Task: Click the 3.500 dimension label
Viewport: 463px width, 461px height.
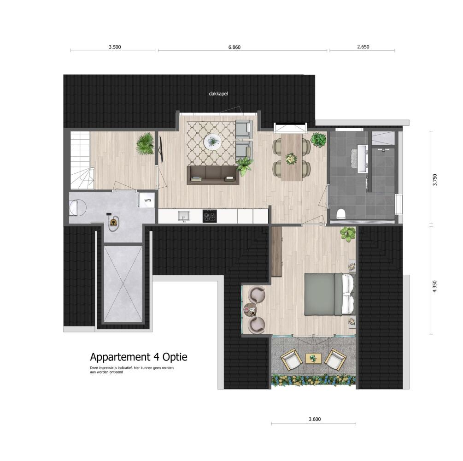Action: [x=115, y=47]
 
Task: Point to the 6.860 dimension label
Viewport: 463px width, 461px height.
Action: [x=234, y=47]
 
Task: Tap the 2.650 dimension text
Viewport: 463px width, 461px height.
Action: [x=363, y=47]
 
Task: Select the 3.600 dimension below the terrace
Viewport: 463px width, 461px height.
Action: [x=315, y=419]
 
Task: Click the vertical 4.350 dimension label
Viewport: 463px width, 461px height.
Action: [x=434, y=286]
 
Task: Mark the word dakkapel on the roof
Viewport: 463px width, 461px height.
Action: [x=218, y=94]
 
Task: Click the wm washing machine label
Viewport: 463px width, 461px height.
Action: [x=147, y=200]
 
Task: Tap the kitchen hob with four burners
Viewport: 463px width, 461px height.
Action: [x=210, y=216]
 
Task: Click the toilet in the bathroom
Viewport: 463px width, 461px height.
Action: [x=341, y=213]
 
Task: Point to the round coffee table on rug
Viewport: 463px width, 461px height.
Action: [x=212, y=142]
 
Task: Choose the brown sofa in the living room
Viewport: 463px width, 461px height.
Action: [x=213, y=175]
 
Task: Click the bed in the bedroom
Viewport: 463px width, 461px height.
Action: [x=329, y=294]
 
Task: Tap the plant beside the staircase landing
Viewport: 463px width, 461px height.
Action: [x=146, y=144]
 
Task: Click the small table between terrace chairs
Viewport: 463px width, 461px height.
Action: [x=313, y=359]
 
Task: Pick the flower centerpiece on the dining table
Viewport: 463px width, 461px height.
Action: [x=292, y=159]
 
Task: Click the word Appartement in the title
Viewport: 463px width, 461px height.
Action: [x=120, y=357]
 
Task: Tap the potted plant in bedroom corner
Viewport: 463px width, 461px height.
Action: [x=348, y=234]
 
